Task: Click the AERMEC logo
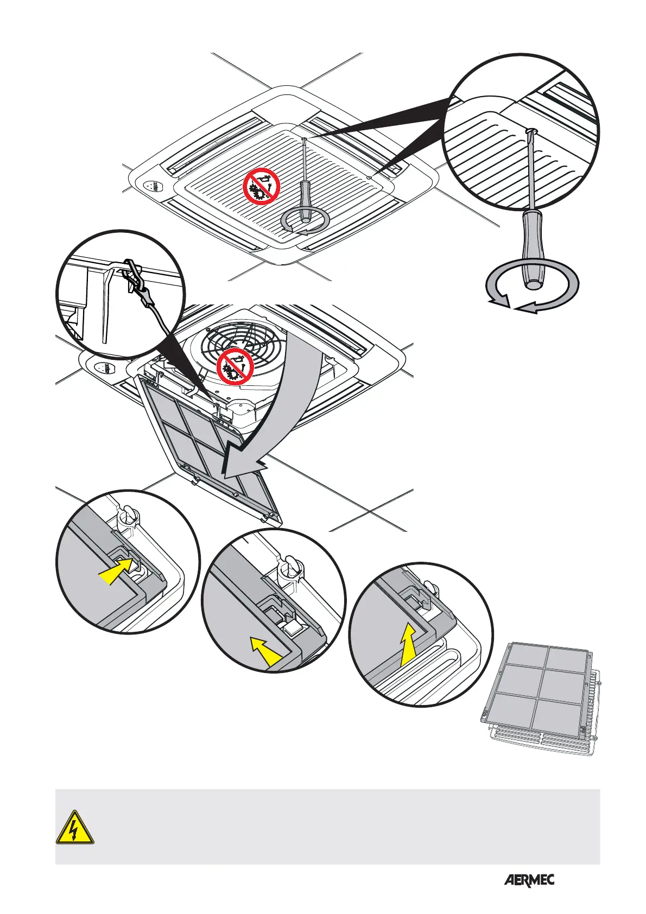pos(529,880)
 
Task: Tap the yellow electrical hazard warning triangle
pos(75,828)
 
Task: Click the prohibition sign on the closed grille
pos(261,186)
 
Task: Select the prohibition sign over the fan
pos(236,366)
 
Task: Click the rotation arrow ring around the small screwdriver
pos(306,222)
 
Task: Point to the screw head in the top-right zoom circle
pos(532,131)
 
